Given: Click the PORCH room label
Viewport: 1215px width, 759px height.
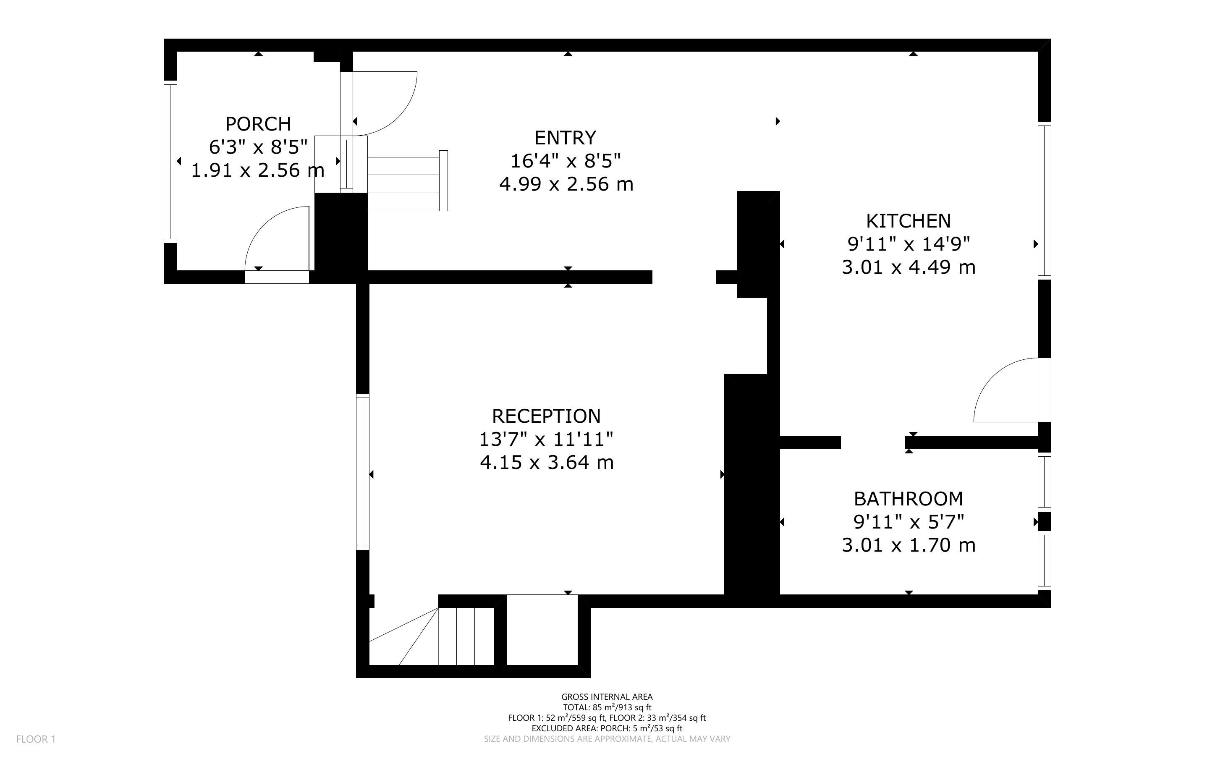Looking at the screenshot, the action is coord(258,123).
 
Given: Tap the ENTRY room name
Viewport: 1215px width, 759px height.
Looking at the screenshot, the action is coord(565,138).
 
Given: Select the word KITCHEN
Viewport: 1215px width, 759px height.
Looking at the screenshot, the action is coord(909,221).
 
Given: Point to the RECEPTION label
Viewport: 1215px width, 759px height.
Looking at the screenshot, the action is coord(546,416).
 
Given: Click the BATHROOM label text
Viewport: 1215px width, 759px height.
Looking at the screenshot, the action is coord(909,499).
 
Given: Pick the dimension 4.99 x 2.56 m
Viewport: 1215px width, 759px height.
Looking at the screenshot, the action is coord(566,184).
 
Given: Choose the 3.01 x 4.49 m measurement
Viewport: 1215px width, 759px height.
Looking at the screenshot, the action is coord(909,267).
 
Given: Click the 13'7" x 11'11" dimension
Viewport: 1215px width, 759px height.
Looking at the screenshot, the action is coord(546,439).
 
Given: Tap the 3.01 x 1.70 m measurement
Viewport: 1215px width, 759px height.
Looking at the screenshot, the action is coord(909,545).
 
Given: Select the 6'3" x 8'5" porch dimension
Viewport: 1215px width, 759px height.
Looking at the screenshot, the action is coord(258,147).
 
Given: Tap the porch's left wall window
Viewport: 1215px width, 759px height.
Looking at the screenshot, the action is coord(170,162).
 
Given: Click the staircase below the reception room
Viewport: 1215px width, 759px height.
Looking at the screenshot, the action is coord(432,636).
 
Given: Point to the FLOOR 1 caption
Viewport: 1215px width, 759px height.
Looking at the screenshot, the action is coord(36,739).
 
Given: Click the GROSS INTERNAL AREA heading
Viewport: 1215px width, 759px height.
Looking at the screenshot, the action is coord(607,697).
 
